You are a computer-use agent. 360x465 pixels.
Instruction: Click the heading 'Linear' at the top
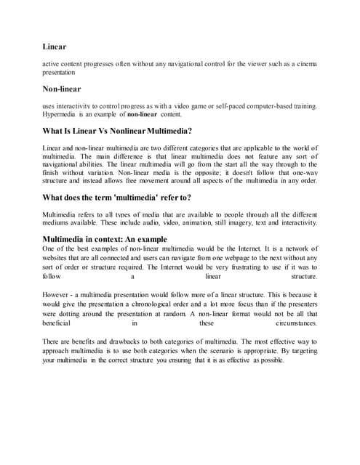[55, 46]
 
